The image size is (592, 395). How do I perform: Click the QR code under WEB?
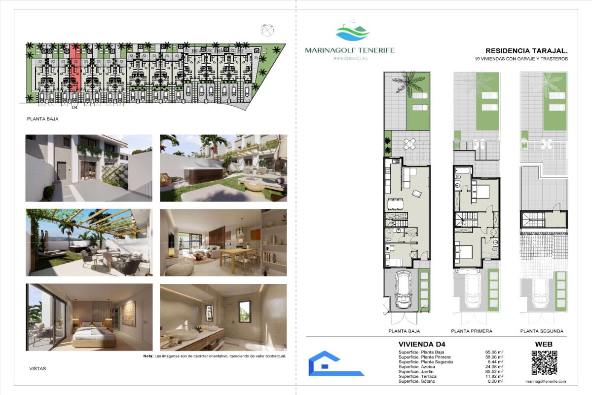coord(544,362)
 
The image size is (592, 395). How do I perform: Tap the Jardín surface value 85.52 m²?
coord(494,371)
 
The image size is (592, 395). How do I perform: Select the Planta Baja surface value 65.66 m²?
coord(494,352)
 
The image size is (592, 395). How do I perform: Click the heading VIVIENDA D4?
coord(422,344)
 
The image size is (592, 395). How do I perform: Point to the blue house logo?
coord(336,363)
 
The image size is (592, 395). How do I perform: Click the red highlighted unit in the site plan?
coord(75,68)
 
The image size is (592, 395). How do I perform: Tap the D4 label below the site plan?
coord(74,108)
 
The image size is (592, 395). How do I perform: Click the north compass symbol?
coord(267,30)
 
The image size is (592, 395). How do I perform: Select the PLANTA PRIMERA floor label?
coord(472,331)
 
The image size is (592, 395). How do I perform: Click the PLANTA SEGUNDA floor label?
coord(542,331)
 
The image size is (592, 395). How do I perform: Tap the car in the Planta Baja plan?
coord(404,290)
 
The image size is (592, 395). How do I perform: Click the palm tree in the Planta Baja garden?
coord(407,82)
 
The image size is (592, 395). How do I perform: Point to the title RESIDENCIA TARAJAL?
coord(526,51)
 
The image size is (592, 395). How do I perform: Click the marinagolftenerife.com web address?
coord(546,381)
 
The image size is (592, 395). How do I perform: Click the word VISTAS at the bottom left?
coord(37,368)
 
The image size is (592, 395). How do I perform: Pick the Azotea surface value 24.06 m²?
coord(494,367)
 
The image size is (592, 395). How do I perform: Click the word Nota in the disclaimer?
coord(148,356)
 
